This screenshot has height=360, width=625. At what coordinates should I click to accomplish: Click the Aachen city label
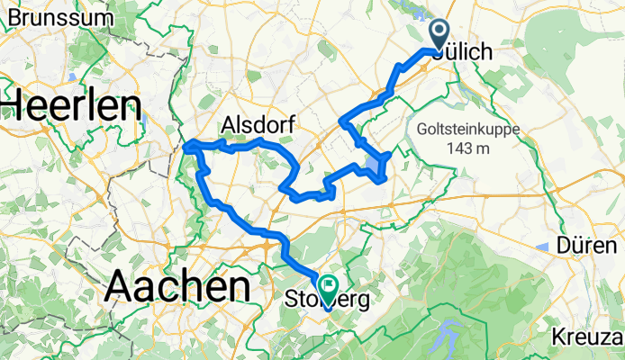pos(177,287)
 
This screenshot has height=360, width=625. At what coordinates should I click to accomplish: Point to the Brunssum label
pos(58,17)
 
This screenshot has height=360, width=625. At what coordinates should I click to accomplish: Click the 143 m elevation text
pos(466,148)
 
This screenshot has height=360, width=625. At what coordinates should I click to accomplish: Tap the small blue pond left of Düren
pos(541,247)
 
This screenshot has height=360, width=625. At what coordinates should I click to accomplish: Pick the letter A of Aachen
pos(125,288)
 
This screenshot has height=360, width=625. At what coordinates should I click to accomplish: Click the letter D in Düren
pos(567,245)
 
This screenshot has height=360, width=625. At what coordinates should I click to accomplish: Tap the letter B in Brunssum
pos(16,17)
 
